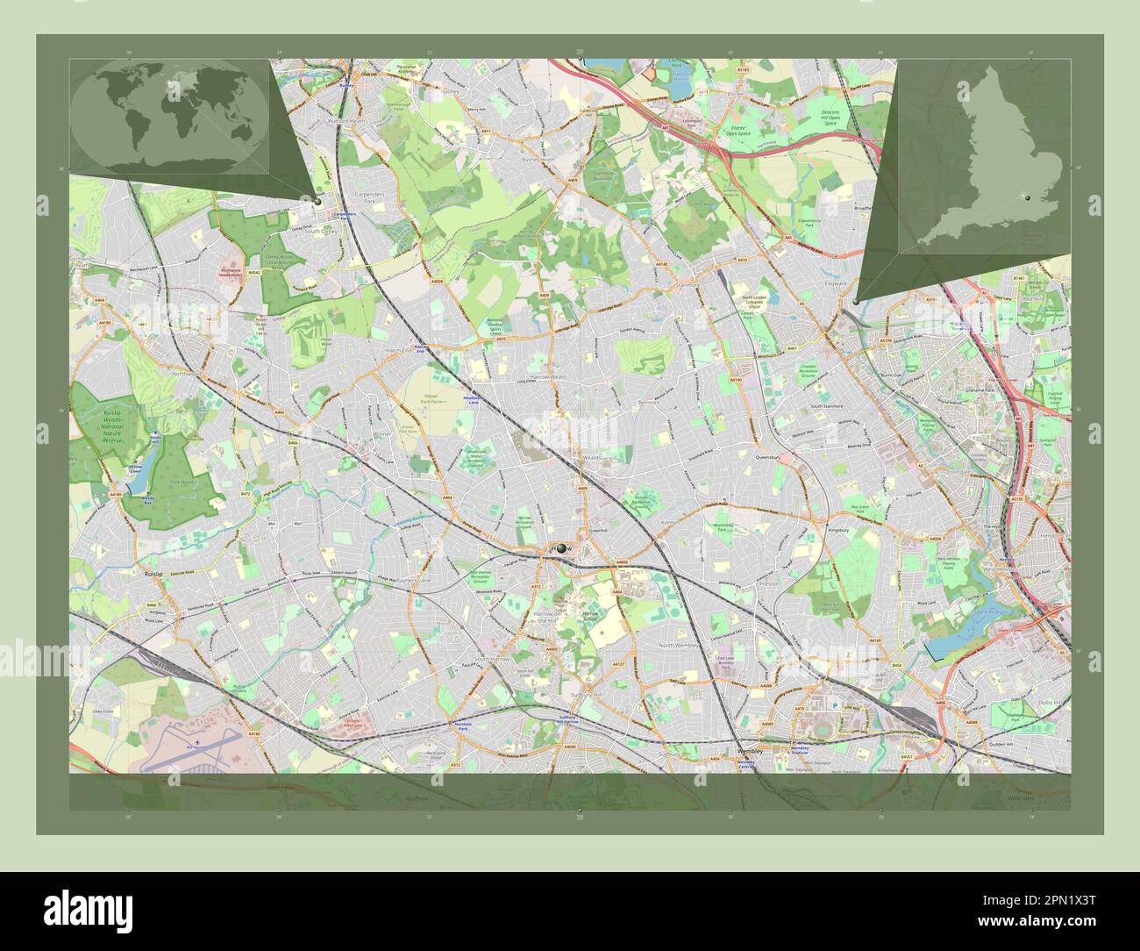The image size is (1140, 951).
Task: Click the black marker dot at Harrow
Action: pyautogui.click(x=560, y=548)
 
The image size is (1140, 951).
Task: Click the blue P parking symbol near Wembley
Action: pyautogui.click(x=834, y=704)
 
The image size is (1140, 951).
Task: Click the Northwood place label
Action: pyautogui.click(x=187, y=374)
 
